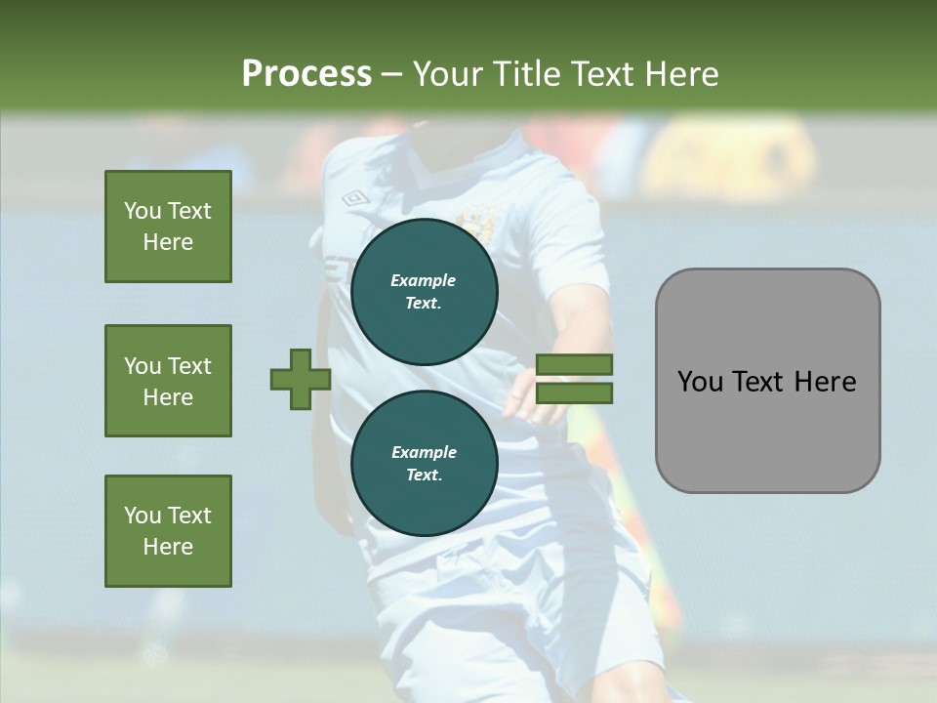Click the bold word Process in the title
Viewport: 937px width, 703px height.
pos(306,73)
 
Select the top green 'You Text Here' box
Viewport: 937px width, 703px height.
pos(168,227)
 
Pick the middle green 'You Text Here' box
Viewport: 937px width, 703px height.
pos(168,381)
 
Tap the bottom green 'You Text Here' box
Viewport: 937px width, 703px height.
pos(168,531)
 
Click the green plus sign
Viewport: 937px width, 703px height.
pos(301,380)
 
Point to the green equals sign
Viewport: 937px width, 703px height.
pos(574,380)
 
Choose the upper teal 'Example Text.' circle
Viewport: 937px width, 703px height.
pos(424,292)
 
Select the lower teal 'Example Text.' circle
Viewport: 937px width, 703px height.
pos(424,464)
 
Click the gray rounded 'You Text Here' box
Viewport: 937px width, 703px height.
pos(767,381)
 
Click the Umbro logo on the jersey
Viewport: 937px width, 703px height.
pos(354,198)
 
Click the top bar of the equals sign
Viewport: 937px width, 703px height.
pos(574,365)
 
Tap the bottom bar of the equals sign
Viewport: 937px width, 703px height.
pos(574,393)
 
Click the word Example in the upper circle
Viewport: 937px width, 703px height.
pos(424,280)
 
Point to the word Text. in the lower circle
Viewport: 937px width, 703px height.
pos(424,476)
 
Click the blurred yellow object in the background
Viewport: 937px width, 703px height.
pos(732,156)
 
